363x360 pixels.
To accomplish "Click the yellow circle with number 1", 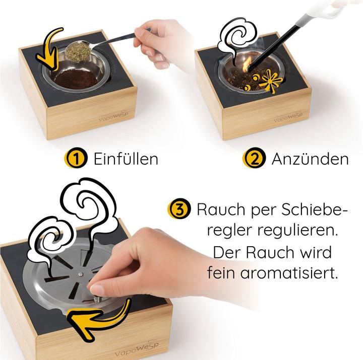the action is pyautogui.click(x=76, y=158).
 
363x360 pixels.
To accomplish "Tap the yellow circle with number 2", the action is pyautogui.click(x=254, y=158).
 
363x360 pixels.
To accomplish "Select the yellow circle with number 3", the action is pyautogui.click(x=179, y=209).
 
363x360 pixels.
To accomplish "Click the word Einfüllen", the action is pyautogui.click(x=126, y=159).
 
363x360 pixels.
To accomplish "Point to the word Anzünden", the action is pyautogui.click(x=310, y=159).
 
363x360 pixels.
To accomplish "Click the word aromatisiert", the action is pyautogui.click(x=288, y=273).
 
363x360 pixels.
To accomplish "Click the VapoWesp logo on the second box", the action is pyautogui.click(x=288, y=117).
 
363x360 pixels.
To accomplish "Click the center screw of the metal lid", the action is pyautogui.click(x=80, y=274).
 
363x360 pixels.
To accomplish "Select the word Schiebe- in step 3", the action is pyautogui.click(x=315, y=209).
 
